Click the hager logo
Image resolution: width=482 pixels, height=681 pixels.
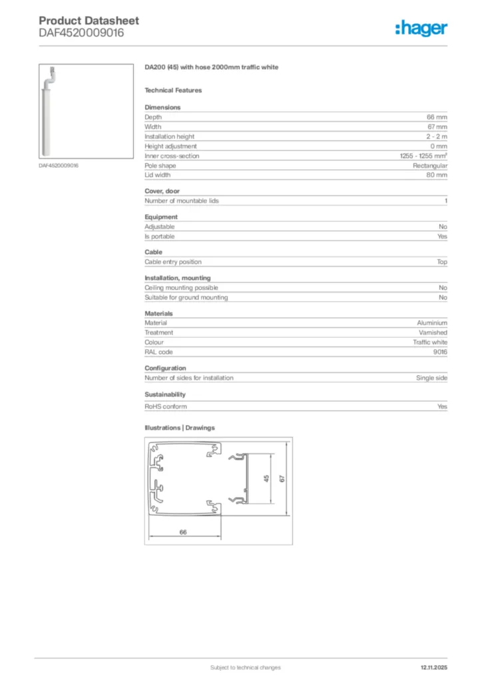[421, 27]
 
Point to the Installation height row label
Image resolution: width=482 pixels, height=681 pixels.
[170, 136]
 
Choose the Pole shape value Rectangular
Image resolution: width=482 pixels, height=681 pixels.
[430, 166]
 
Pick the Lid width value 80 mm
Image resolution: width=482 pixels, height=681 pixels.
[437, 175]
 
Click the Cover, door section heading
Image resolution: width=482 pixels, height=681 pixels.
[162, 191]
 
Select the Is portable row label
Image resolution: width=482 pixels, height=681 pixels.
[158, 236]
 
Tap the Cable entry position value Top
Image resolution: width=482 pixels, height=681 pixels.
[442, 262]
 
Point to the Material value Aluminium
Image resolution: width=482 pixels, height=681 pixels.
[432, 323]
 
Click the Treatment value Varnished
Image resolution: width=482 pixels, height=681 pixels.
[433, 333]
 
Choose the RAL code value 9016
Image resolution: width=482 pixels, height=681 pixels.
[440, 352]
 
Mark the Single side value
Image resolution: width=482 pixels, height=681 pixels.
[431, 378]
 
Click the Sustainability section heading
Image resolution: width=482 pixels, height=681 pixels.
[165, 394]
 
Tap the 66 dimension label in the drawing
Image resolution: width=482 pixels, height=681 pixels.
[183, 531]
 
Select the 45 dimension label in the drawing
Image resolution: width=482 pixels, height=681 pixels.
[266, 479]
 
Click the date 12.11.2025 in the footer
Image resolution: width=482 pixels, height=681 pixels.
[434, 667]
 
